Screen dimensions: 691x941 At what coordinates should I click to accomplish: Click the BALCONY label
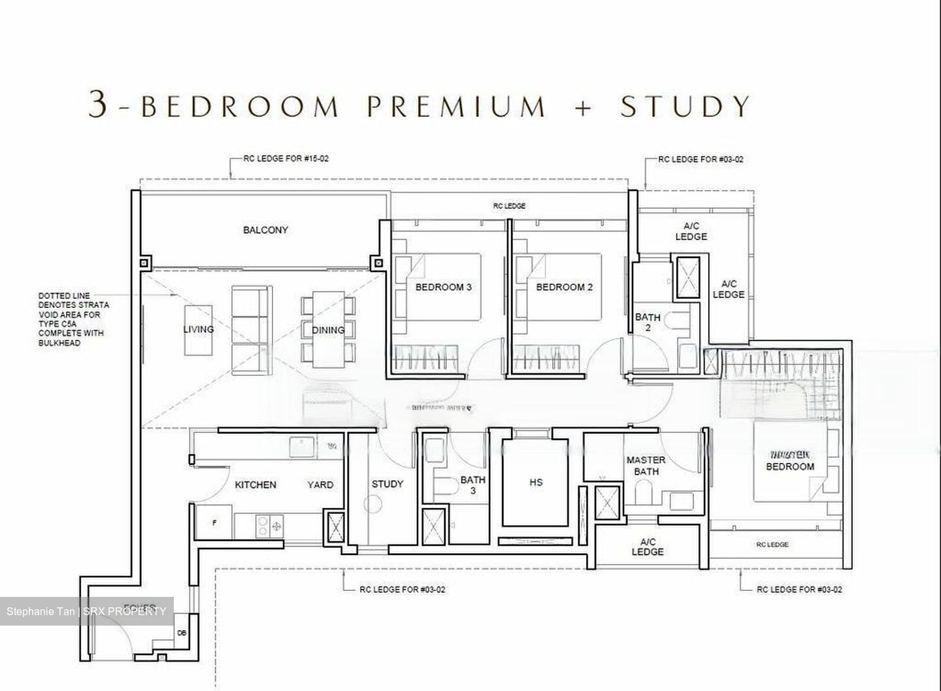coord(265,230)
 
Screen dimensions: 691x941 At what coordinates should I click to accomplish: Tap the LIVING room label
coord(198,329)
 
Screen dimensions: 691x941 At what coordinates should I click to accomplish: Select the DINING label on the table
coord(328,330)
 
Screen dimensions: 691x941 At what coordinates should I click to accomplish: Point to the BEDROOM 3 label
coord(443,287)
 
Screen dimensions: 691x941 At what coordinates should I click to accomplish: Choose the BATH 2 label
coord(648,322)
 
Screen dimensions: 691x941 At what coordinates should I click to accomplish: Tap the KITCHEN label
coord(255,484)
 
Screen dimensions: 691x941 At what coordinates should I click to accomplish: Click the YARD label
coord(320,484)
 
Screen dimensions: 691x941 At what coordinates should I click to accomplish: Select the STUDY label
coord(387,484)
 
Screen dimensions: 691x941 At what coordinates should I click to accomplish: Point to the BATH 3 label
coord(472,485)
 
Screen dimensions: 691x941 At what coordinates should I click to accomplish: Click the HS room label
coord(536,482)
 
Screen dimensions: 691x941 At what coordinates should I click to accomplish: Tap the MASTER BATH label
coord(646,465)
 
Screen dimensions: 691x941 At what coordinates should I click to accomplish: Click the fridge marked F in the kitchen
coord(214,523)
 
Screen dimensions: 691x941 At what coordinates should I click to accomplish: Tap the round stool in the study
coord(372,504)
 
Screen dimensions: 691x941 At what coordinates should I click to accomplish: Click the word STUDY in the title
coord(685,107)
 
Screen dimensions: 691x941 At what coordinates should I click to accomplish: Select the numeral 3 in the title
coord(97,105)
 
